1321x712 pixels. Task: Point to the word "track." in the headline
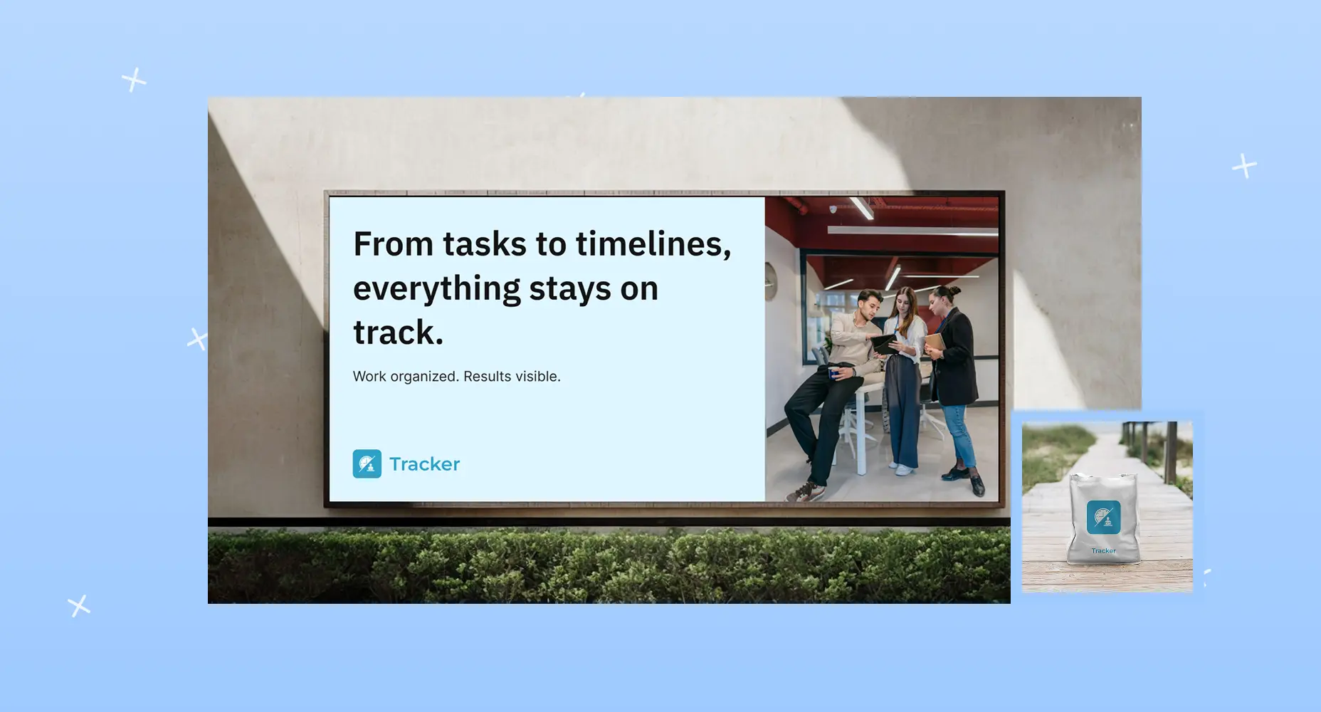point(398,333)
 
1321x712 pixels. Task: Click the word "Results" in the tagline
point(488,376)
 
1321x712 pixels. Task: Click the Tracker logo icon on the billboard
point(367,464)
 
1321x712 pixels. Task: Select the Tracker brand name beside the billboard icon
point(425,464)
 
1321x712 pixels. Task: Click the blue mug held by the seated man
point(833,372)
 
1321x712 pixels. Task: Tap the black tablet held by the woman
point(884,344)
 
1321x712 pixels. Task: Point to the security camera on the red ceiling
point(833,209)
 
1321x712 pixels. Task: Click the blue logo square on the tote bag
point(1103,517)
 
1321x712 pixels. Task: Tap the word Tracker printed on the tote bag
point(1103,550)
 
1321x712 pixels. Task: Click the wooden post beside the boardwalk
point(1171,451)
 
